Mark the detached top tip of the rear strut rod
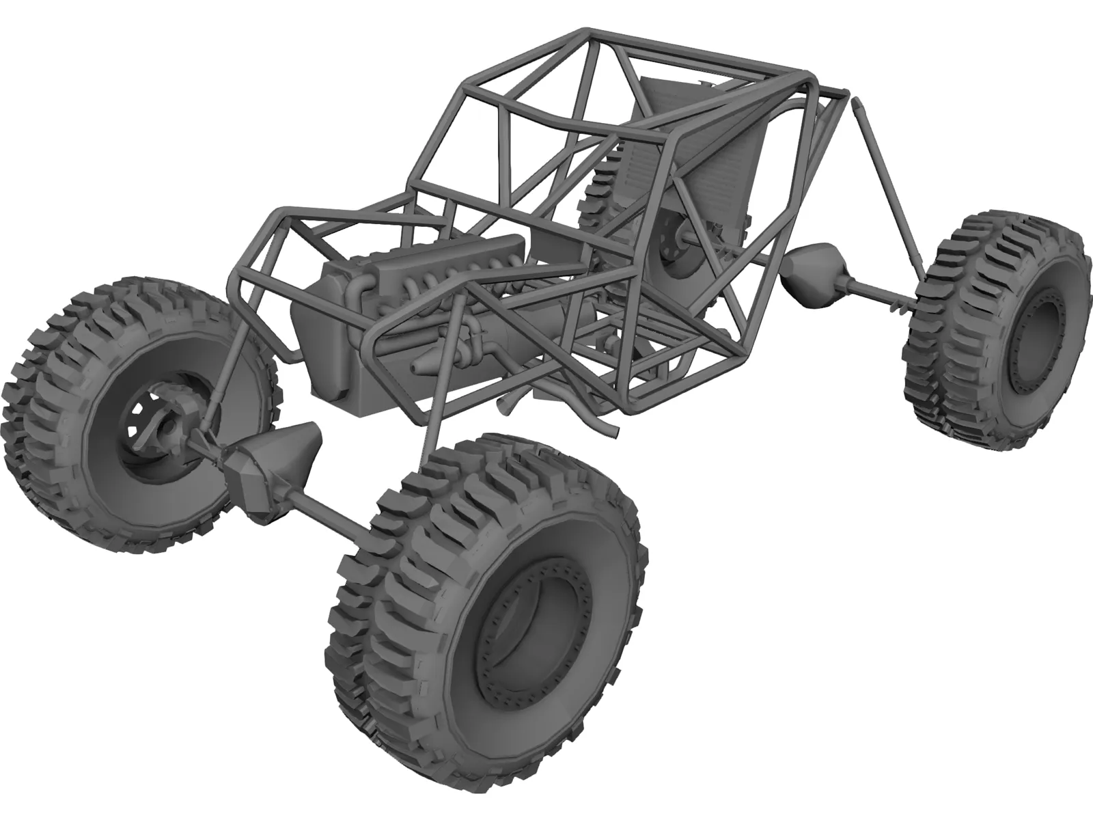857,105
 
